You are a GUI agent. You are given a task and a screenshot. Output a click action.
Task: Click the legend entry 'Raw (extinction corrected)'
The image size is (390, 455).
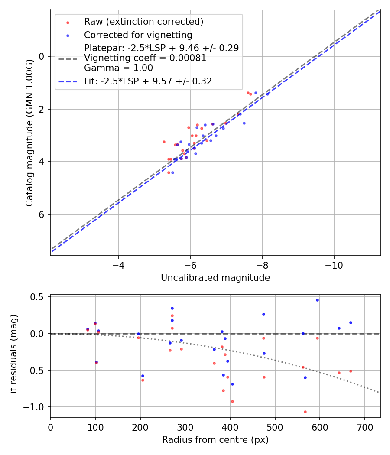[x=143, y=22]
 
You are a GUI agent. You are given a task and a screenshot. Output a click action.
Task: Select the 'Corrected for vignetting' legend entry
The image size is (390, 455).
[x=138, y=35]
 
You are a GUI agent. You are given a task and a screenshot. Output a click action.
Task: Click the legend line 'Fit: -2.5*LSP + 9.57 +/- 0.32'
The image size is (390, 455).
[x=148, y=81]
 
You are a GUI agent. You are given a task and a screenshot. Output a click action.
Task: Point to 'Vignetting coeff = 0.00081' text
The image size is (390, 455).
[x=145, y=58]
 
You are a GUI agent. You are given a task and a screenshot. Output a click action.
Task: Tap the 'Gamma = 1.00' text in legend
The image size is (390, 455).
[x=118, y=68]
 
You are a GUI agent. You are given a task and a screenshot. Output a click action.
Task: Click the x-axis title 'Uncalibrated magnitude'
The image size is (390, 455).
[x=215, y=278]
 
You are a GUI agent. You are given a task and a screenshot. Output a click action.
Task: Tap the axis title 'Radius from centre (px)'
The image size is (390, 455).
[x=215, y=440]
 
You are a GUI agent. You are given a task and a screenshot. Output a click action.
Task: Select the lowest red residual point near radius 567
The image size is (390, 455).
[x=305, y=412]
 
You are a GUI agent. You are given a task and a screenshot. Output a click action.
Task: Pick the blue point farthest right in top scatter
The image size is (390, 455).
[x=267, y=94]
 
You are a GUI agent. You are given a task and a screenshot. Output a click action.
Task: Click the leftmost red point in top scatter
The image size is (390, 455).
[x=164, y=142]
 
